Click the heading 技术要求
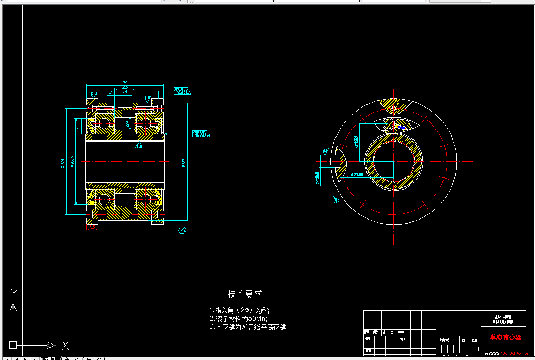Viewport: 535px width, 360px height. pos(245,294)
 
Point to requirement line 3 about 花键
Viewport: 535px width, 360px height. pos(249,327)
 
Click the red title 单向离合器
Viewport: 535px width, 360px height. pos(505,338)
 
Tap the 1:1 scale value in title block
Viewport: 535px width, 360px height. pos(476,349)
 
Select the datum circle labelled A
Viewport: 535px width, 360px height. pos(182,230)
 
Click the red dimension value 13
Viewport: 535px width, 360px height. pos(93,227)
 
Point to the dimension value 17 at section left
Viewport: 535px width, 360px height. pos(78,126)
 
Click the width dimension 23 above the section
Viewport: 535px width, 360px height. pos(125,87)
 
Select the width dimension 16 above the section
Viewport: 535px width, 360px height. pos(125,92)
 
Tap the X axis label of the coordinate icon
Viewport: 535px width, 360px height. pos(65,345)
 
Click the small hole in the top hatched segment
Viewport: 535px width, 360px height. pos(394,108)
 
